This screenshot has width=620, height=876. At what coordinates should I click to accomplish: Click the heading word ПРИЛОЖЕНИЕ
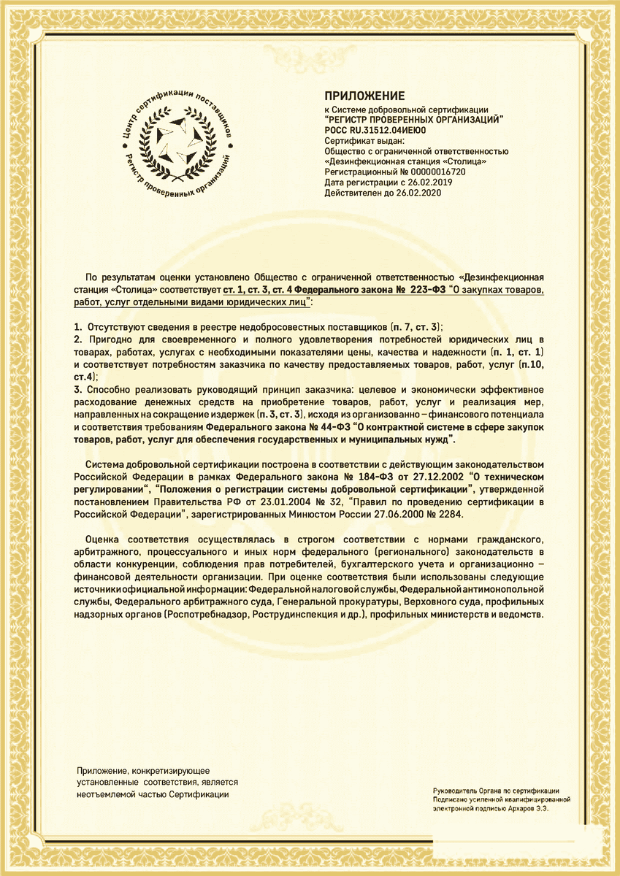[364, 96]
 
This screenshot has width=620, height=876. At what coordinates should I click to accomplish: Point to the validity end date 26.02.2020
[418, 193]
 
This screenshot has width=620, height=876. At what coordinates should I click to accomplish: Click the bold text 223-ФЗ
[426, 290]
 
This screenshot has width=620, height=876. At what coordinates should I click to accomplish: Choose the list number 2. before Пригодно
[79, 340]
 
